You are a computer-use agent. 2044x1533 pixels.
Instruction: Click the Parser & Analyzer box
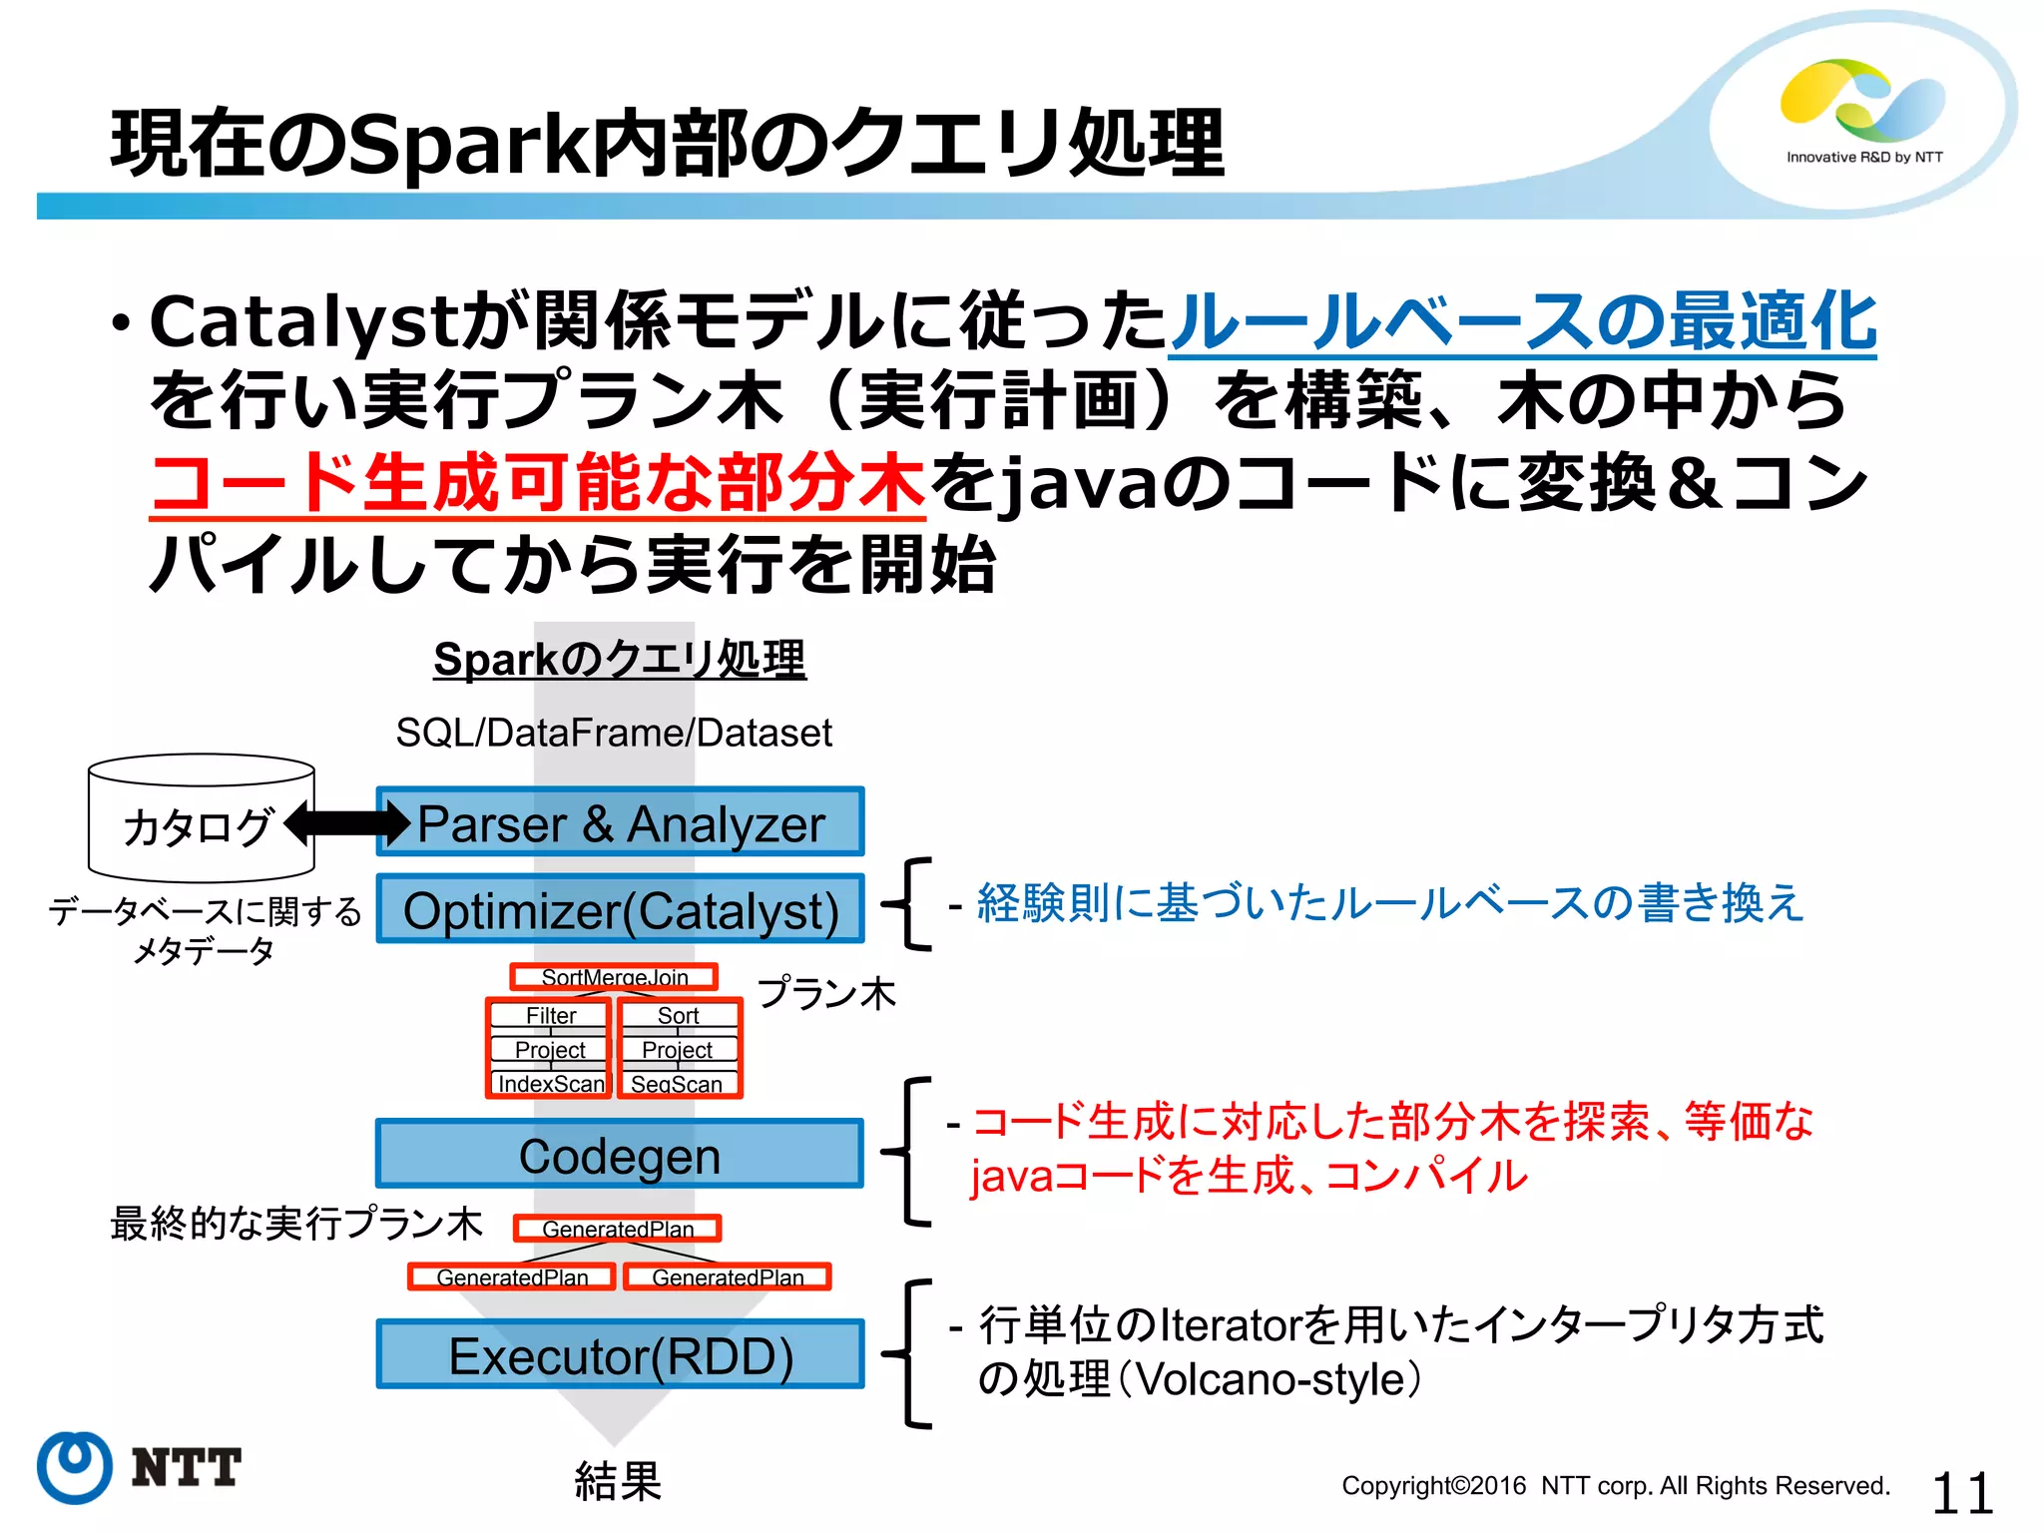point(620,822)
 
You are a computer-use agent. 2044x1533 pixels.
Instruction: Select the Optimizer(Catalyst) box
point(620,909)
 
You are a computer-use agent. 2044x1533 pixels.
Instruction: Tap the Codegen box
point(620,1155)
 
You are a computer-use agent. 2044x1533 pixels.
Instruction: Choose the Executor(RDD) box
point(620,1355)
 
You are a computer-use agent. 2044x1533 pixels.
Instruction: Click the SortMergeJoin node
point(614,977)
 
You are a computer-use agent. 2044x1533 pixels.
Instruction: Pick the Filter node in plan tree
point(550,1015)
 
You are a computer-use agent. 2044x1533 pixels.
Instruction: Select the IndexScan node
point(550,1084)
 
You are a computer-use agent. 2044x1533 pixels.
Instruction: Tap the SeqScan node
point(678,1084)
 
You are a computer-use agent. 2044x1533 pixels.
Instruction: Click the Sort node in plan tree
point(678,1015)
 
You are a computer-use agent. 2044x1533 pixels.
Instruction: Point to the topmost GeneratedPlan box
point(617,1229)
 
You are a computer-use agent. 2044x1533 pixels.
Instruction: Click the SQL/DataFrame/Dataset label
point(614,733)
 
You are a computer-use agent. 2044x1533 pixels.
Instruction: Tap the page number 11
point(1961,1493)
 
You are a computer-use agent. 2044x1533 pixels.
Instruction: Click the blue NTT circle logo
point(74,1467)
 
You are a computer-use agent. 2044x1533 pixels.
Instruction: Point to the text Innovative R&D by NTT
point(1863,157)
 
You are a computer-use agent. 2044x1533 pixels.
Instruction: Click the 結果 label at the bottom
point(618,1481)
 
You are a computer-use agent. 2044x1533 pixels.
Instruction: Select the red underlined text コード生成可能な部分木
point(538,482)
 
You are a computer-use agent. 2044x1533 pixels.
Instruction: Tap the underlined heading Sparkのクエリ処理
point(619,660)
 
